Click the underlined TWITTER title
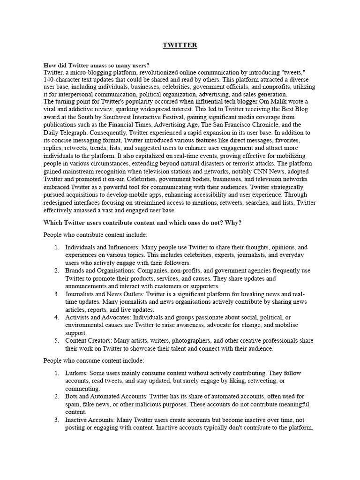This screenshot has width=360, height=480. (180, 45)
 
